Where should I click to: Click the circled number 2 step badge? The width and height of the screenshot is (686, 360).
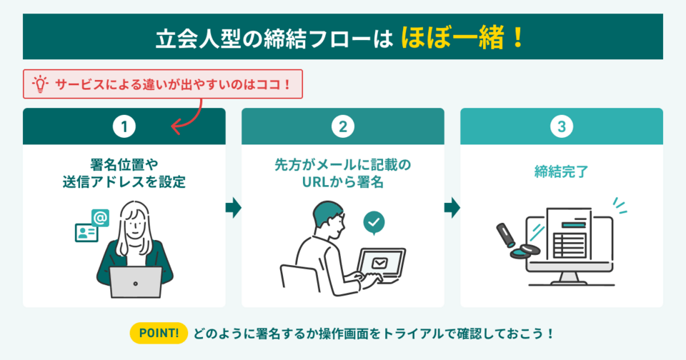[343, 126]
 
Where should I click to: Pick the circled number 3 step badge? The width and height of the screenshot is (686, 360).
[562, 126]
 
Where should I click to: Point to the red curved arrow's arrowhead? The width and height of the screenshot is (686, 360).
[174, 127]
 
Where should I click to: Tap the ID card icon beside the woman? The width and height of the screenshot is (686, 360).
[86, 233]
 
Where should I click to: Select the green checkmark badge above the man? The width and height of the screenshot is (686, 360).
[373, 221]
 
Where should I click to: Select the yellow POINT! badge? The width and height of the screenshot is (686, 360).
[159, 333]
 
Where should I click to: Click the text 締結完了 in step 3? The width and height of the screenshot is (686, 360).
[562, 171]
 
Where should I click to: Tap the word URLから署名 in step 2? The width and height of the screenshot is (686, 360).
[343, 182]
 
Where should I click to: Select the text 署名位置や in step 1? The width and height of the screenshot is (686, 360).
[124, 164]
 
